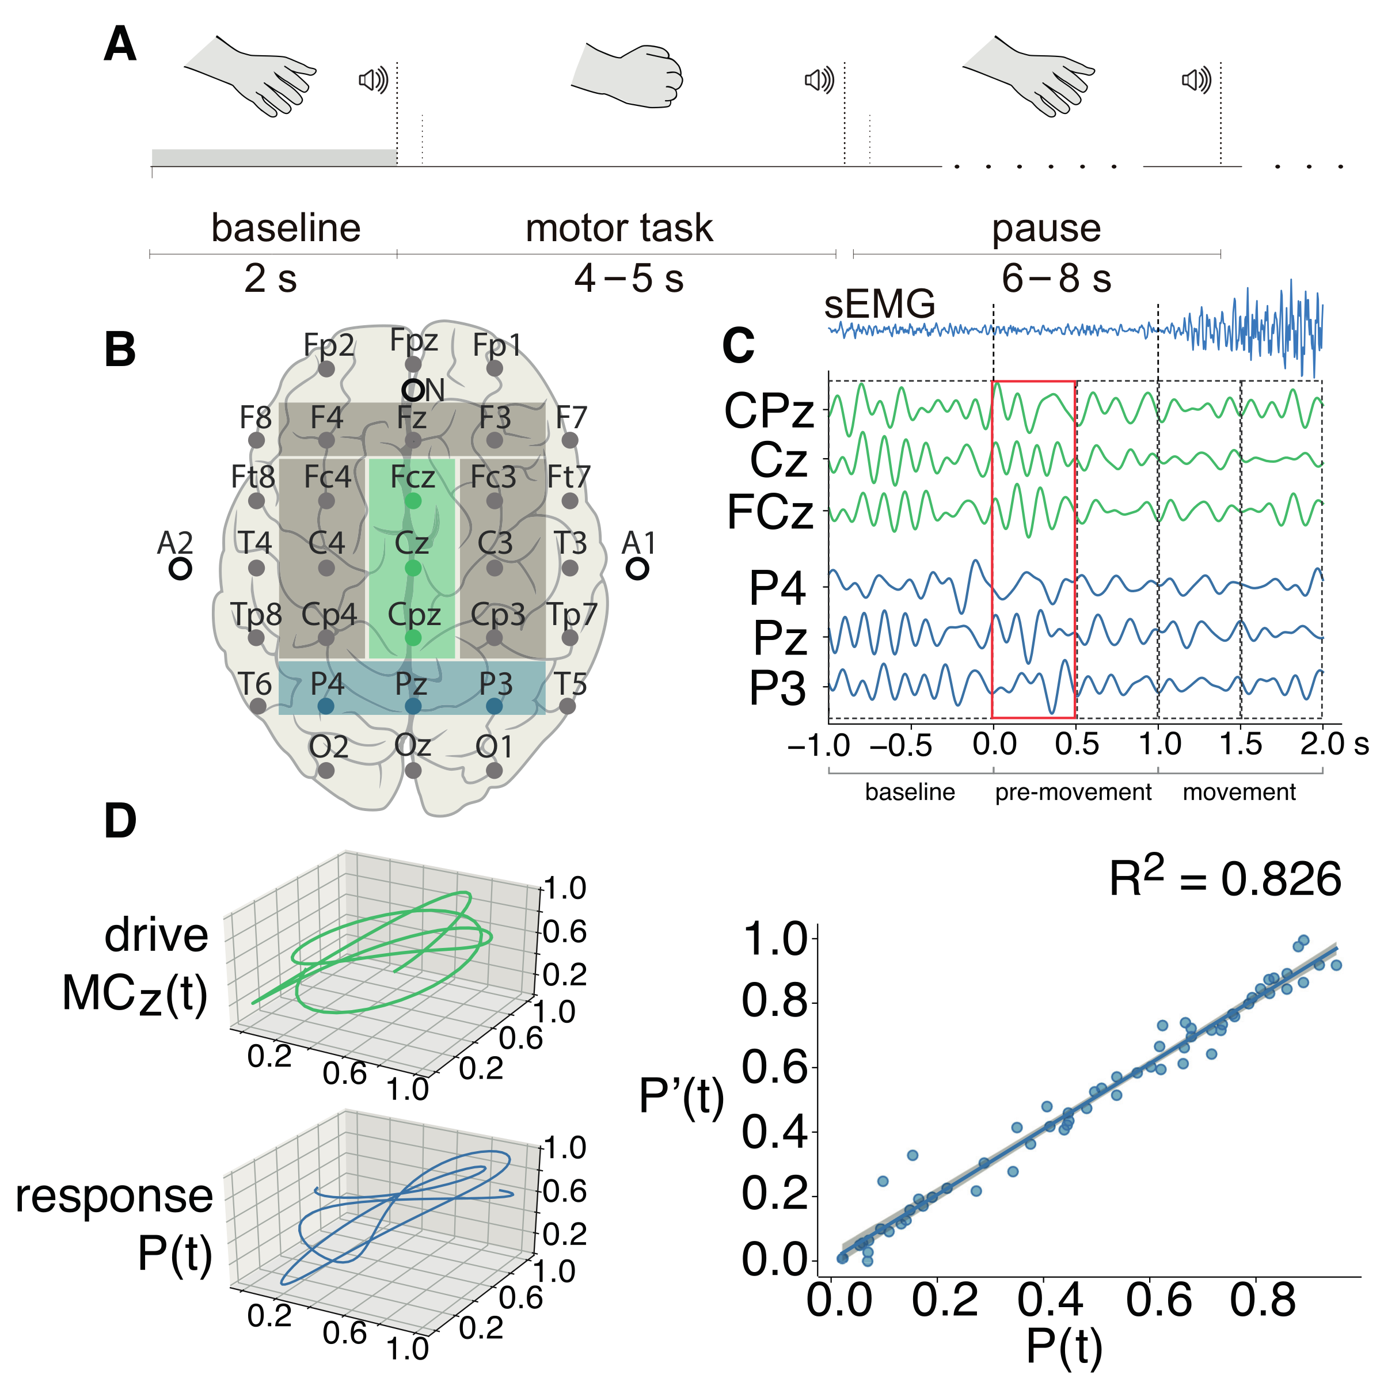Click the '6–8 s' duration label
tap(1056, 279)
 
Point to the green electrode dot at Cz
tap(413, 568)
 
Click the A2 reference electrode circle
tap(180, 569)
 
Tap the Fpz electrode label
tap(413, 340)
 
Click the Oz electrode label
tap(413, 745)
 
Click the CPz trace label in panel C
tap(769, 411)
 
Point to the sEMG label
tap(880, 303)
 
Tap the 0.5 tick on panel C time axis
tap(1076, 744)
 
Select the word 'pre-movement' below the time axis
tap(1073, 792)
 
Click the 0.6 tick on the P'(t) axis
tap(773, 1067)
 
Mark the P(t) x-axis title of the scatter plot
tap(1063, 1346)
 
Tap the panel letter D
tap(120, 821)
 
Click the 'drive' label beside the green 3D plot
tap(157, 935)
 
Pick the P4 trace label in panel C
tap(777, 589)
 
